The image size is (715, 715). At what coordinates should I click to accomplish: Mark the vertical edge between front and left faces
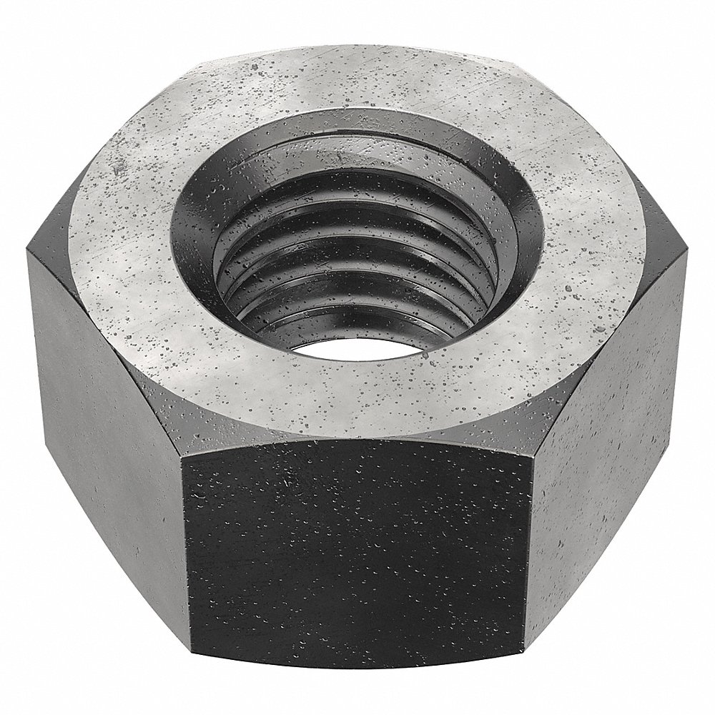pyautogui.click(x=184, y=543)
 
